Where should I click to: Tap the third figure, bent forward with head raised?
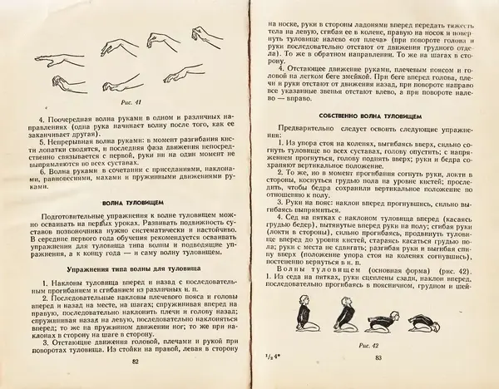point(368,321)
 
